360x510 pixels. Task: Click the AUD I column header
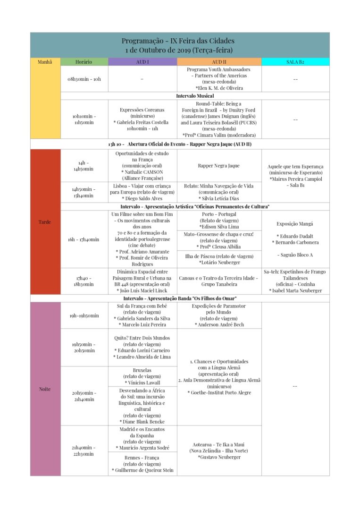[142, 62]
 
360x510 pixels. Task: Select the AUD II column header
[219, 62]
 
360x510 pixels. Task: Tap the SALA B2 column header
[295, 62]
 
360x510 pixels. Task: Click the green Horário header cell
[84, 62]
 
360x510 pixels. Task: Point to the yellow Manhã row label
[45, 62]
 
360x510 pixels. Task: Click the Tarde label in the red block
[45, 222]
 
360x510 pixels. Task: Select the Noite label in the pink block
[45, 389]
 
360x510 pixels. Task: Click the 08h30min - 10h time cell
[84, 79]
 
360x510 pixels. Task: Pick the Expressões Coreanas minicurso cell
[142, 119]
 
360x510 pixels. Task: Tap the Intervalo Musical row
[195, 96]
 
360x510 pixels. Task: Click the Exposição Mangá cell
[295, 239]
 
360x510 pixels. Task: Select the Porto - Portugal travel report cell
[219, 221]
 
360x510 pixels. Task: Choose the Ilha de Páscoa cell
[219, 259]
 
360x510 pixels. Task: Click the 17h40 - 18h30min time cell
[84, 281]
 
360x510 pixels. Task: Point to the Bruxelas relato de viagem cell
[142, 376]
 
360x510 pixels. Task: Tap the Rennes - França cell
[142, 464]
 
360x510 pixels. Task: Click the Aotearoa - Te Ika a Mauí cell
[219, 450]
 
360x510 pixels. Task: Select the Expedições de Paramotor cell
[219, 315]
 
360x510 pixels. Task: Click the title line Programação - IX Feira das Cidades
[178, 41]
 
